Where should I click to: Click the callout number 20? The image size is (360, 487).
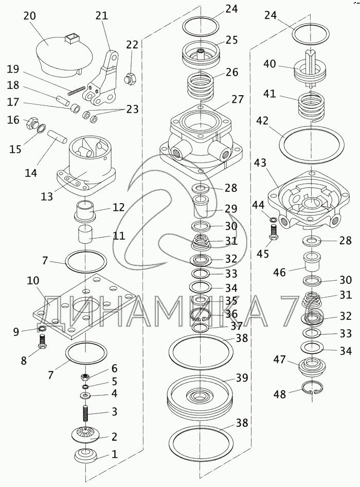click(30, 16)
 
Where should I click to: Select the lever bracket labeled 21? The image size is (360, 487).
click(101, 79)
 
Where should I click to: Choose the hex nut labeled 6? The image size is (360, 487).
click(85, 377)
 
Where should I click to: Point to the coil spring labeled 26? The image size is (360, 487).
click(201, 86)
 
